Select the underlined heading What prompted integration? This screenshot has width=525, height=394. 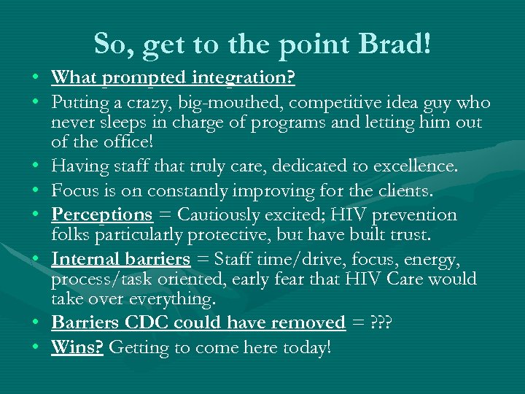(x=173, y=77)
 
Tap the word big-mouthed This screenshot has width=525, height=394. (x=218, y=103)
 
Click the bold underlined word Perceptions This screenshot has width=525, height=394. (x=101, y=215)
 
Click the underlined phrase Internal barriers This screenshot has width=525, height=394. (x=120, y=258)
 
